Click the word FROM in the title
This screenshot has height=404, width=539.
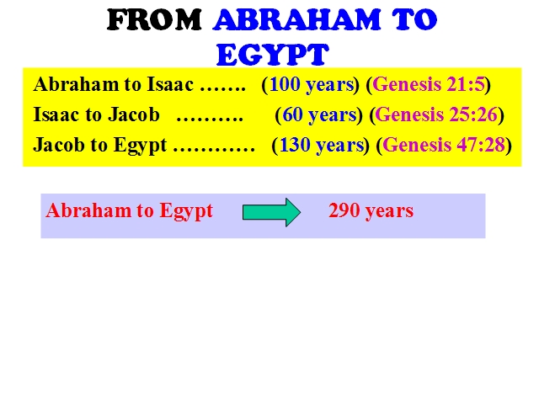pyautogui.click(x=154, y=20)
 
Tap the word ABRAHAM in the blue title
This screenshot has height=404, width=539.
pyautogui.click(x=296, y=20)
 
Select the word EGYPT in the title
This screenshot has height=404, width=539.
pyautogui.click(x=272, y=54)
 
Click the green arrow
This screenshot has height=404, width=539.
pyautogui.click(x=271, y=212)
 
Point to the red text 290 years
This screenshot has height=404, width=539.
pyautogui.click(x=371, y=210)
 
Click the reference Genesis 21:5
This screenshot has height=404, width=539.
pyautogui.click(x=429, y=84)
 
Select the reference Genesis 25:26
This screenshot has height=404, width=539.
pyautogui.click(x=436, y=114)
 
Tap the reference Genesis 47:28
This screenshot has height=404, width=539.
pyautogui.click(x=444, y=145)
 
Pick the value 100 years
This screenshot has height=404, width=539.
pyautogui.click(x=312, y=84)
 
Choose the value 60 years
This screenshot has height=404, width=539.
pyautogui.click(x=319, y=114)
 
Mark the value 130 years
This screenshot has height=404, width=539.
pyautogui.click(x=322, y=145)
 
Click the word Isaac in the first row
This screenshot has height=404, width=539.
pyautogui.click(x=170, y=84)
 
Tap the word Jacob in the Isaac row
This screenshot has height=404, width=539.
pyautogui.click(x=134, y=114)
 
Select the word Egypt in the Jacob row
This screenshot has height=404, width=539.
pyautogui.click(x=141, y=146)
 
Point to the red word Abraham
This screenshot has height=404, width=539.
pyautogui.click(x=88, y=210)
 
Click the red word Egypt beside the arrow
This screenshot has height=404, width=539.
pyautogui.click(x=186, y=211)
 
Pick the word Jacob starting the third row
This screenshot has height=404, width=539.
pyautogui.click(x=59, y=145)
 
